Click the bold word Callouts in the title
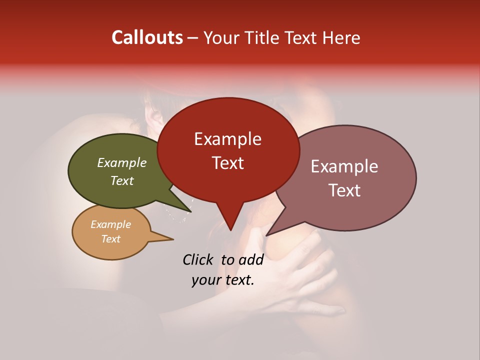pos(147,37)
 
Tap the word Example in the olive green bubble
pos(122,162)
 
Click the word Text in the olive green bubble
pos(122,180)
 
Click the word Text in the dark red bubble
pos(227,162)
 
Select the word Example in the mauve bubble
pos(344,166)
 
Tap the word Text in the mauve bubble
pos(344,190)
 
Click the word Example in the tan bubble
pos(110,224)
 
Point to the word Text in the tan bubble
pos(110,238)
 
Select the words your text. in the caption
pos(223,280)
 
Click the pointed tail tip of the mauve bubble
pos(267,235)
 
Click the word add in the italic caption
pos(251,259)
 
